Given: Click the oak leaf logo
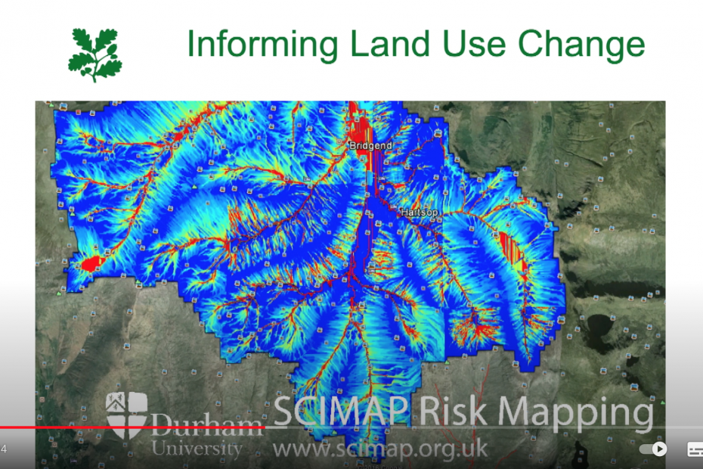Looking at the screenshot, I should pyautogui.click(x=95, y=54).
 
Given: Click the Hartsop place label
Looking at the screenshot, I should pyautogui.click(x=419, y=213).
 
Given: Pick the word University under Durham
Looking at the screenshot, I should pyautogui.click(x=197, y=449).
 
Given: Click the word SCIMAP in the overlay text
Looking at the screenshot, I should pyautogui.click(x=341, y=413).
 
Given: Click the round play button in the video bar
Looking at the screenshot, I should pyautogui.click(x=659, y=449).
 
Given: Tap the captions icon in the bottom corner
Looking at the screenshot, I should pyautogui.click(x=695, y=449).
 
